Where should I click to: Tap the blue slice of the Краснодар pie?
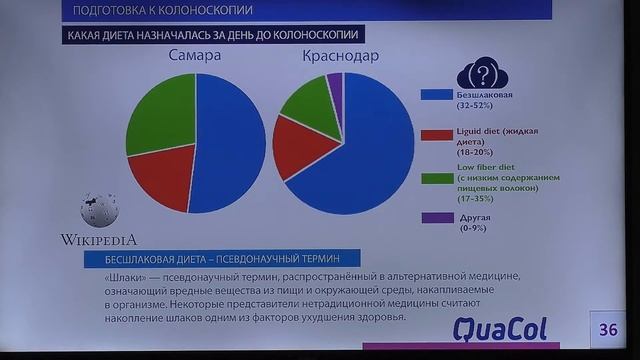(x=370, y=145)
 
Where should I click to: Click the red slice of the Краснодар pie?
(x=296, y=146)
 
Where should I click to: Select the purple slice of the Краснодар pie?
(x=335, y=81)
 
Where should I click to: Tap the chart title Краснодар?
(x=340, y=56)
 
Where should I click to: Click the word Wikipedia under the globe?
(x=99, y=240)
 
